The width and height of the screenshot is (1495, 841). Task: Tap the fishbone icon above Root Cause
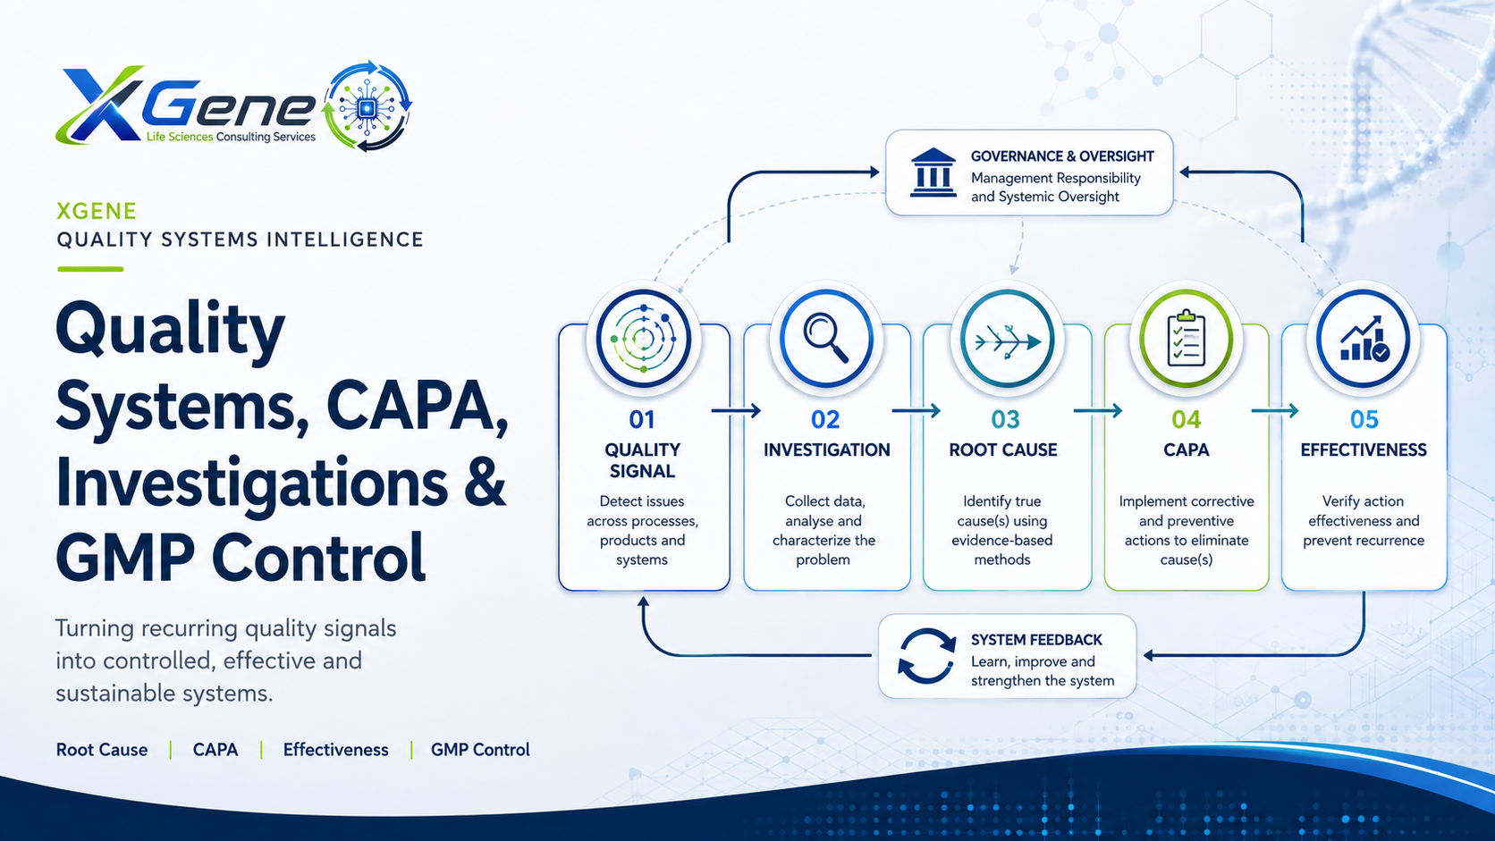coord(1007,341)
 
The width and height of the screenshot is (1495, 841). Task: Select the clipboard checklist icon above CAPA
coord(1186,338)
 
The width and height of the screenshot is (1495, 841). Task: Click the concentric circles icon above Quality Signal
coord(644,339)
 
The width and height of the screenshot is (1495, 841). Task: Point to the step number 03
coord(1005,419)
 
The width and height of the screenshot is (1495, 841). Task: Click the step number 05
coord(1364,419)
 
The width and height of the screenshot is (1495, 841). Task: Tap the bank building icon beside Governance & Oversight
coord(933,172)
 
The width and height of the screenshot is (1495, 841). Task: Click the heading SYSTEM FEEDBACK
coord(1036,640)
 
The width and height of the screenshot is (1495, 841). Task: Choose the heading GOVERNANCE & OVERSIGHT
coord(1062,156)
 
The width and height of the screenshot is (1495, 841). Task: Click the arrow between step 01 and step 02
coord(736,411)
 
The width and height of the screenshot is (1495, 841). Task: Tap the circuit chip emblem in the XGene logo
coord(367,106)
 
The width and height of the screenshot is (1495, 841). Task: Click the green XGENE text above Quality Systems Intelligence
coord(97,212)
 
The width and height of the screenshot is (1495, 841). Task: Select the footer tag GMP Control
coord(480,750)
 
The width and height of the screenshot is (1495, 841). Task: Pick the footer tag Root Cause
coord(102,750)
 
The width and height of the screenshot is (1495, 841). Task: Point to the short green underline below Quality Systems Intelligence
coord(91,269)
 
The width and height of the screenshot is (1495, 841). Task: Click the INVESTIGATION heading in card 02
coord(826,450)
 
